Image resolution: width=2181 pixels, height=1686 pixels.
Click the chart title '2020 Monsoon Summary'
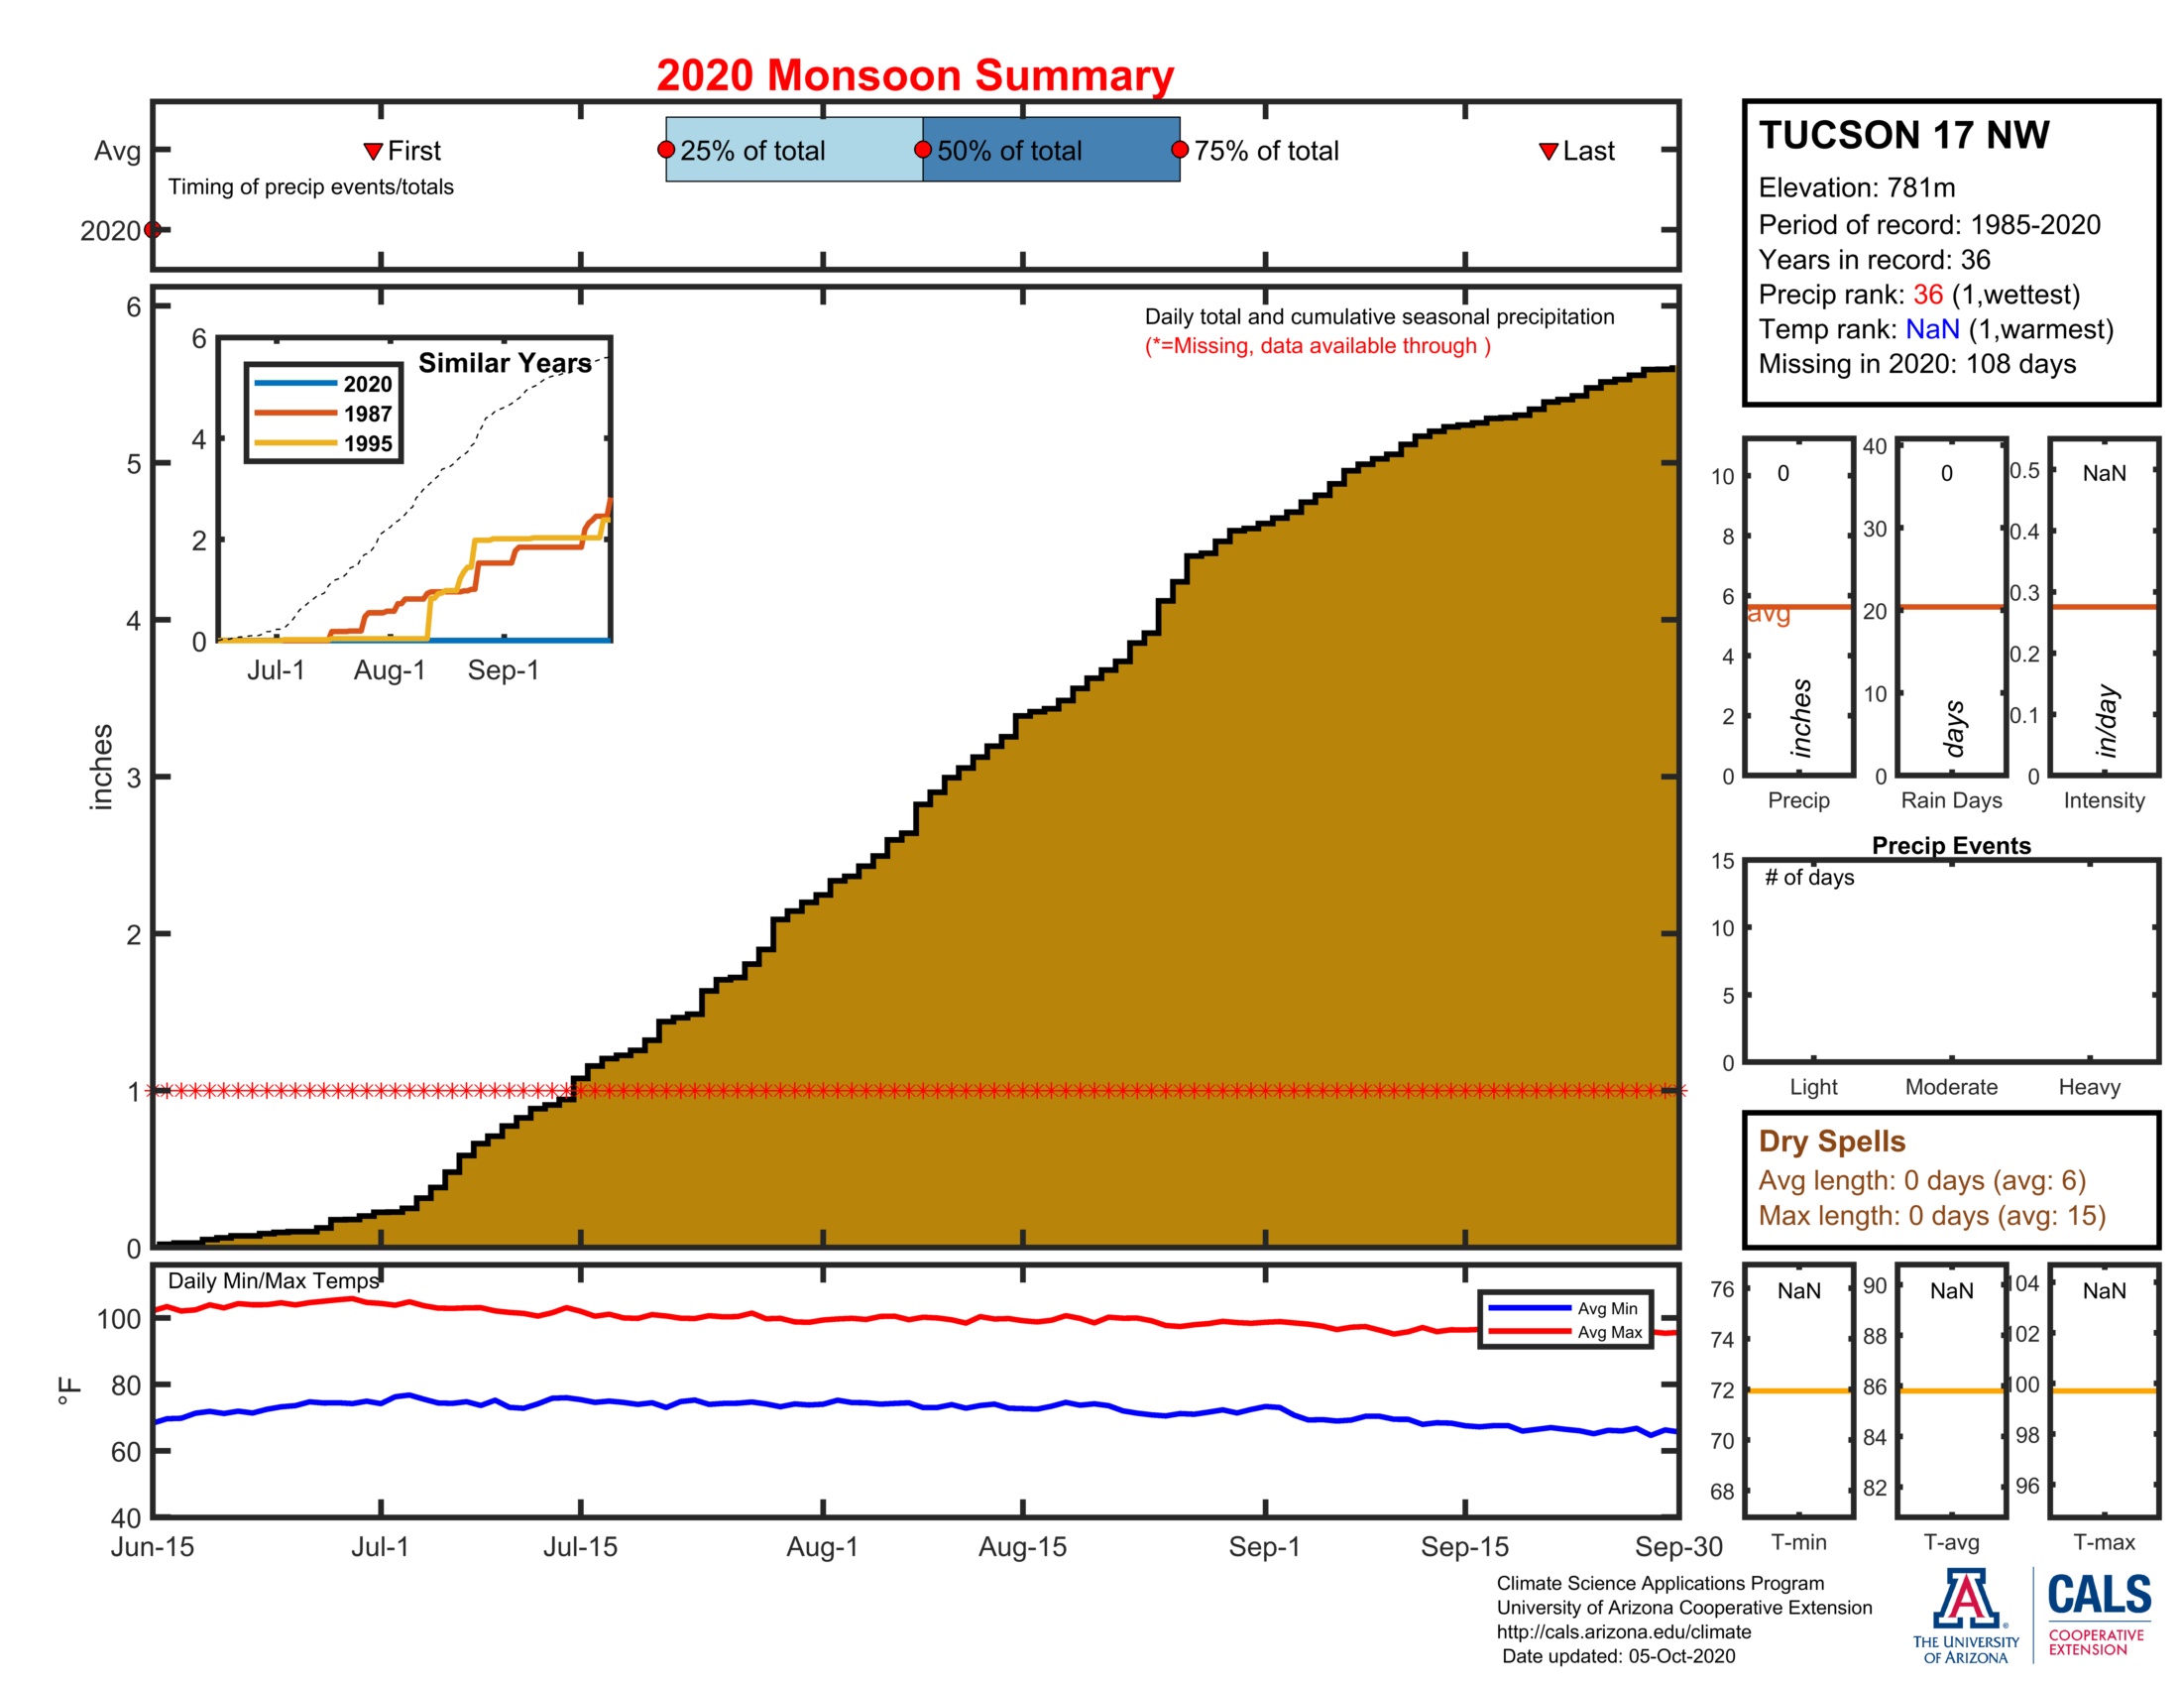[914, 76]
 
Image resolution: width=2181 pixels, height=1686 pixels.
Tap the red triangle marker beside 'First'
[373, 151]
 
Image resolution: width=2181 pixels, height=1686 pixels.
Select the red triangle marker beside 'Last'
[1548, 151]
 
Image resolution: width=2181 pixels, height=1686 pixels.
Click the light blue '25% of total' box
[794, 150]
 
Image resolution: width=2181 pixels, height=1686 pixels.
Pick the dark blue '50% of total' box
[1051, 150]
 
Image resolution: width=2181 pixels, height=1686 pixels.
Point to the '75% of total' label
[1265, 151]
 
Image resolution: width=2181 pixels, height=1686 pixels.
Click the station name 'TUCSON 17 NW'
[1903, 135]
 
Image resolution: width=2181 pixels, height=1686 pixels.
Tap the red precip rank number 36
[1927, 295]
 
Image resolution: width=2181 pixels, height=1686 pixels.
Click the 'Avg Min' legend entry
[1563, 1308]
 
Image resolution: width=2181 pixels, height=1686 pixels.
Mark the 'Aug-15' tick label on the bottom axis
[1023, 1547]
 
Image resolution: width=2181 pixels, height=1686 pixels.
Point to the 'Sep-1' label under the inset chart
[504, 670]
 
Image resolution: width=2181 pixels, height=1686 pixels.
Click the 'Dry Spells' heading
[1831, 1141]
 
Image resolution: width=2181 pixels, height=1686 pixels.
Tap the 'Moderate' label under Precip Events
[1950, 1087]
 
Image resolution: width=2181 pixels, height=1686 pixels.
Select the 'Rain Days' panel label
[1950, 800]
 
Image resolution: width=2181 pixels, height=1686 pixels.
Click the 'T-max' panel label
[2103, 1542]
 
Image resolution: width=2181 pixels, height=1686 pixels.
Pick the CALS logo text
[2099, 1595]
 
